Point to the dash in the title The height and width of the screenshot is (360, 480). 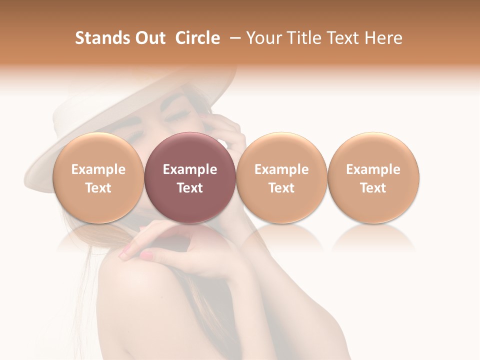coord(233,38)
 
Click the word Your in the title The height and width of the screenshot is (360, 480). coord(261,38)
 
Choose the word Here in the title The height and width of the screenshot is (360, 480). coord(383,38)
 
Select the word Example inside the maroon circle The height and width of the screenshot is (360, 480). coord(190,169)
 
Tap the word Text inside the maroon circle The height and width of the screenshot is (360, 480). coord(190,188)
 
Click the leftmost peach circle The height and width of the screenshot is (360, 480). coord(98,150)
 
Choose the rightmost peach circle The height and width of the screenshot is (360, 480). coord(373,150)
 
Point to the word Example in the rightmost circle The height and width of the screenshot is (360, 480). coord(373,169)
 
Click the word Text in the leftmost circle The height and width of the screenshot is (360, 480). coord(98,188)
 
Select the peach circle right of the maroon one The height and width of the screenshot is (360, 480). coord(281,150)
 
